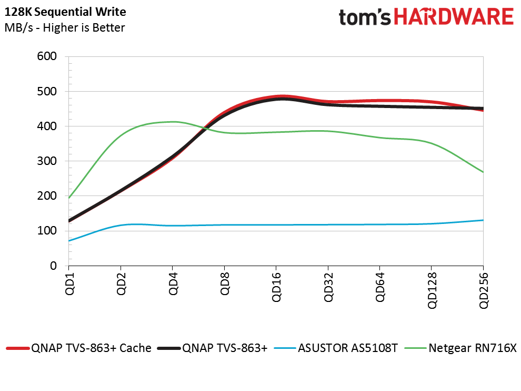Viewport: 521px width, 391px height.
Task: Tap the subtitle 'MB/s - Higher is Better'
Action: point(65,27)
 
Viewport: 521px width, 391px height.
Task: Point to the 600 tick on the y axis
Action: point(47,56)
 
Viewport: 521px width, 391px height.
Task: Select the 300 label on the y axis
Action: point(47,161)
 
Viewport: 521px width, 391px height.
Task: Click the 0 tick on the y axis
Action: point(53,266)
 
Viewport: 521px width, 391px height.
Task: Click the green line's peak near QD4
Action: point(173,122)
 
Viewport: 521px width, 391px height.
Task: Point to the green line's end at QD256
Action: point(483,172)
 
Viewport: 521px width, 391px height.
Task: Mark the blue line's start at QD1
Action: point(69,241)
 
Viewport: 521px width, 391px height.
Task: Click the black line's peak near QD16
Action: point(283,99)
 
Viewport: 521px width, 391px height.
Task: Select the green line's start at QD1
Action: point(69,198)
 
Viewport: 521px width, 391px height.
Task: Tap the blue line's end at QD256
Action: point(483,220)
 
